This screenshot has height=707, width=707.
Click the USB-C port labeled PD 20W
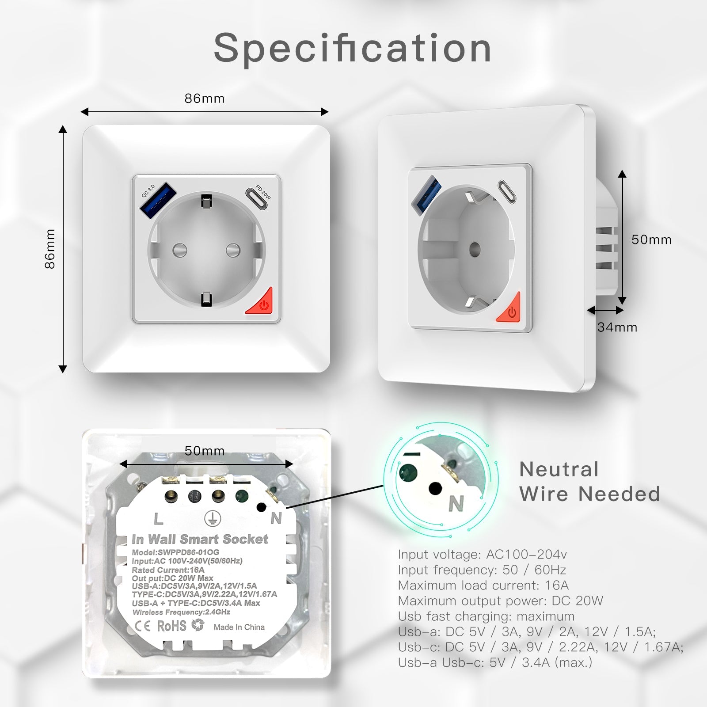point(257,199)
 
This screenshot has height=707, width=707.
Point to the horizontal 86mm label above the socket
point(204,99)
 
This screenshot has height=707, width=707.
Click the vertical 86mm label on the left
point(50,249)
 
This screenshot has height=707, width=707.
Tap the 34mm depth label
point(617,327)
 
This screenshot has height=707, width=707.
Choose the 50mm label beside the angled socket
point(651,239)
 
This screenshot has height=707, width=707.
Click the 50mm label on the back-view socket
point(204,451)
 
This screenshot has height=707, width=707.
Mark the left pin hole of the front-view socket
point(179,250)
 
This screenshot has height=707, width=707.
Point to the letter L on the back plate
point(158,519)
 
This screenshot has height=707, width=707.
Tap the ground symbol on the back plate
point(212,519)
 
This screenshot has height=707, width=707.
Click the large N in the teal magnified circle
point(456,503)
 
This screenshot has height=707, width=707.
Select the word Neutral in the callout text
point(559,470)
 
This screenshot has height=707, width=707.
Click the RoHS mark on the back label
point(171,626)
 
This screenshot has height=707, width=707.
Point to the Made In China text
point(239,627)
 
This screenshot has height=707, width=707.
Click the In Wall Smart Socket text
point(200,540)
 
